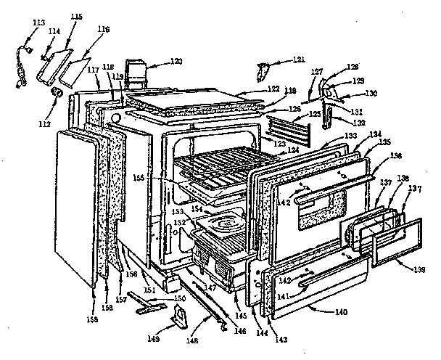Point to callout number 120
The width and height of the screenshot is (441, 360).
[x=176, y=61]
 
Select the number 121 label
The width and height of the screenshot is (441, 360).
[x=279, y=59]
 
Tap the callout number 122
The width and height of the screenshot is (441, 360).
[x=253, y=89]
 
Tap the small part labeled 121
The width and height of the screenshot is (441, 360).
[x=262, y=71]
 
